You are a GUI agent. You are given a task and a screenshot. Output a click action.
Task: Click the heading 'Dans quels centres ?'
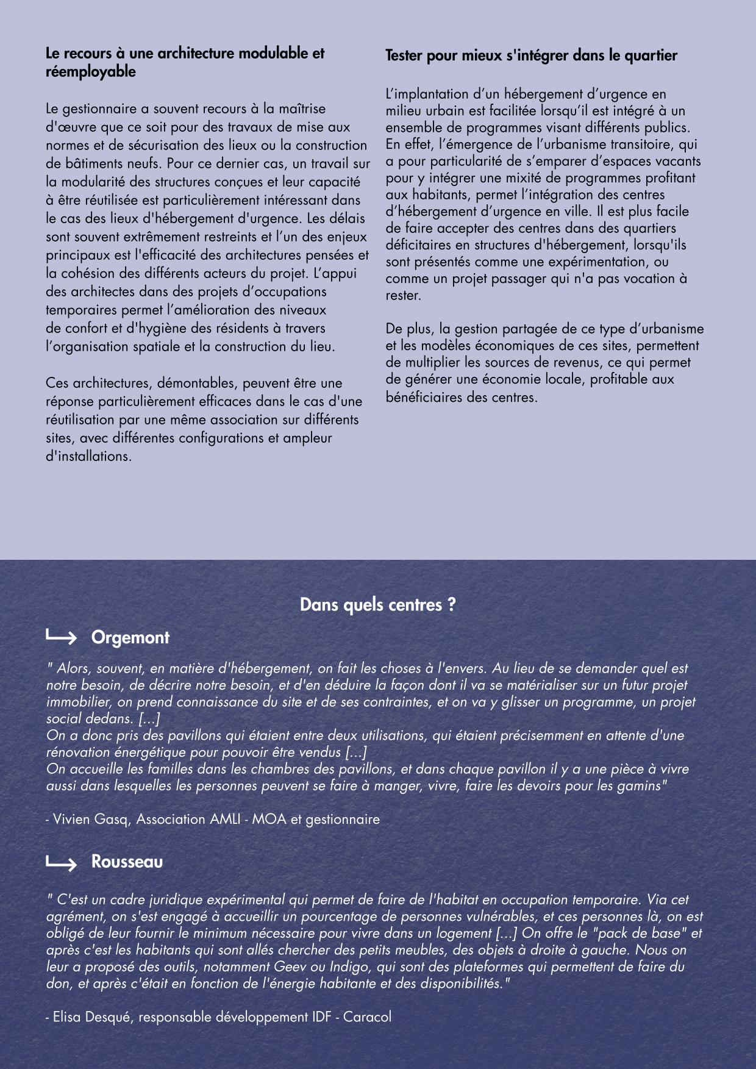point(377,605)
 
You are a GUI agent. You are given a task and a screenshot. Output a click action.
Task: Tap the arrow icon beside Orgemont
point(61,638)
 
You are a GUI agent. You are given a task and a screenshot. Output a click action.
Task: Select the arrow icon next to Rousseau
point(61,863)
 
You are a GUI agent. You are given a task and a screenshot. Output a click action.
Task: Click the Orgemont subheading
point(130,638)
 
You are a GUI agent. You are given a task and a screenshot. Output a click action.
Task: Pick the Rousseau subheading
point(127,862)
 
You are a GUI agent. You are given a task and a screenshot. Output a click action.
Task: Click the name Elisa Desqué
point(91,1017)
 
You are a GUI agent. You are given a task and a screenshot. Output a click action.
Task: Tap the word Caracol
point(367,1017)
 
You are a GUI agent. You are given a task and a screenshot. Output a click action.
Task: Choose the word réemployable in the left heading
point(91,72)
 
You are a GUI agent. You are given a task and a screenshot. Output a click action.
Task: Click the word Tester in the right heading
point(404,56)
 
